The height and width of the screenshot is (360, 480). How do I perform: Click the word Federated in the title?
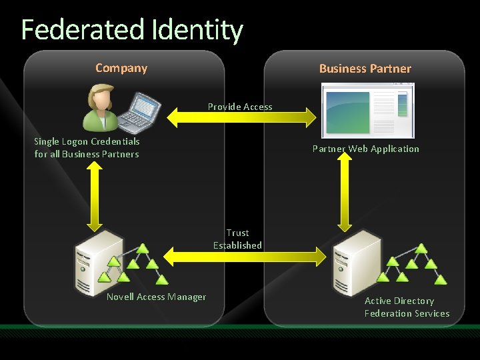point(84,30)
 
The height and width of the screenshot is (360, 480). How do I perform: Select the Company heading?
point(121,68)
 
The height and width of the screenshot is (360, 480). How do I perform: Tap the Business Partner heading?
point(365,69)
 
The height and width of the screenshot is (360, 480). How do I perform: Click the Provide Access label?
point(240,107)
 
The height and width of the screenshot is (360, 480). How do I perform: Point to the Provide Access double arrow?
point(241,118)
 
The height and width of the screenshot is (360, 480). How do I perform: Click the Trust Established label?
point(237,239)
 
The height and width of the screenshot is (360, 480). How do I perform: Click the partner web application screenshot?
point(367,110)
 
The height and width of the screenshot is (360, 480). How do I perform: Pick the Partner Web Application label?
point(366,149)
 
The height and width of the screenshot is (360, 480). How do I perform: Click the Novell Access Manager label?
point(156,297)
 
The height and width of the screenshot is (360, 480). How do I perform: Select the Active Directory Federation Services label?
point(407,307)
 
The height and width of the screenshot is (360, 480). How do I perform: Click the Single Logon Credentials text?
point(87,141)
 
